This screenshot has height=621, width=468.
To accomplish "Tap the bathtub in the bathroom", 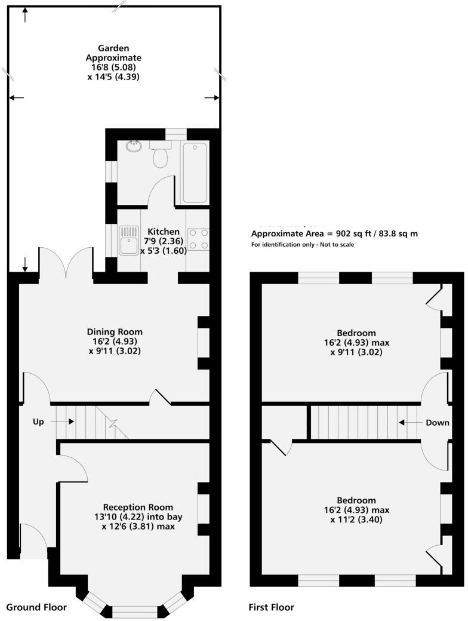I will pos(195,173).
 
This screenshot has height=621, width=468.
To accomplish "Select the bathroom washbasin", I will pos(134,146).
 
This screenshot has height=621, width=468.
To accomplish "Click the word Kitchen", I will pos(164,232).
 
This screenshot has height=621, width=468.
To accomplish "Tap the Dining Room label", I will pos(115,332).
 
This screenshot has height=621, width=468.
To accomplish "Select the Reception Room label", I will pos(138,508).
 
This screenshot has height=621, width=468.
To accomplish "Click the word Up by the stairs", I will pos(39,422).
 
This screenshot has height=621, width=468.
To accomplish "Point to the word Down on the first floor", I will pos(438,422).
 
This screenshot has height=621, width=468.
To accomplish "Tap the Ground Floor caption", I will pos(36,607).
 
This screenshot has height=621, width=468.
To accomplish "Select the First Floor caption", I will pos(272,607).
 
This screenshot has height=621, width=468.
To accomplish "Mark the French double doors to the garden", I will pos(66,263).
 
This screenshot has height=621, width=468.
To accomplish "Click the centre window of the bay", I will pos(135,611).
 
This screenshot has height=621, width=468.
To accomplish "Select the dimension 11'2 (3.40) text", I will pos(356,519).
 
